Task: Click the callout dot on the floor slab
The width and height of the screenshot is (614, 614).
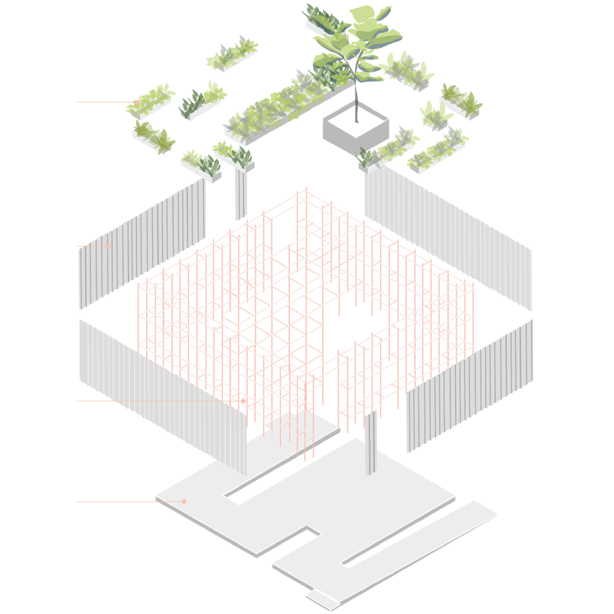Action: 184,501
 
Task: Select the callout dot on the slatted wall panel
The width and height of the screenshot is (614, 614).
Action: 108,246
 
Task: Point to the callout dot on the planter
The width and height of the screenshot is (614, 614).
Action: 138,102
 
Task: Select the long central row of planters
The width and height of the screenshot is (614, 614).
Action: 280,108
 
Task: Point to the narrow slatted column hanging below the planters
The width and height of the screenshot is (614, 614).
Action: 241,197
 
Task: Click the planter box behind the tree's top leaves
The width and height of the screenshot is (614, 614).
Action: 318,22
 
